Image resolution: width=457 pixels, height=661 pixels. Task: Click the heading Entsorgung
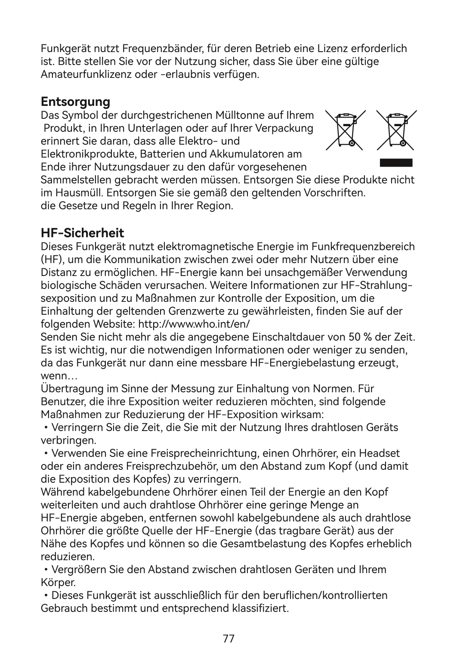tap(75, 102)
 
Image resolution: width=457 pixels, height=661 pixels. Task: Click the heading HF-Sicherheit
tap(82, 233)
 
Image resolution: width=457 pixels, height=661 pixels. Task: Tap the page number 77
tap(228, 638)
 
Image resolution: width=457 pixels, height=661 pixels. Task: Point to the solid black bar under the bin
tap(396, 163)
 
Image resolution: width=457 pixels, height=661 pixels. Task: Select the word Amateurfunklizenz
tap(80, 74)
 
